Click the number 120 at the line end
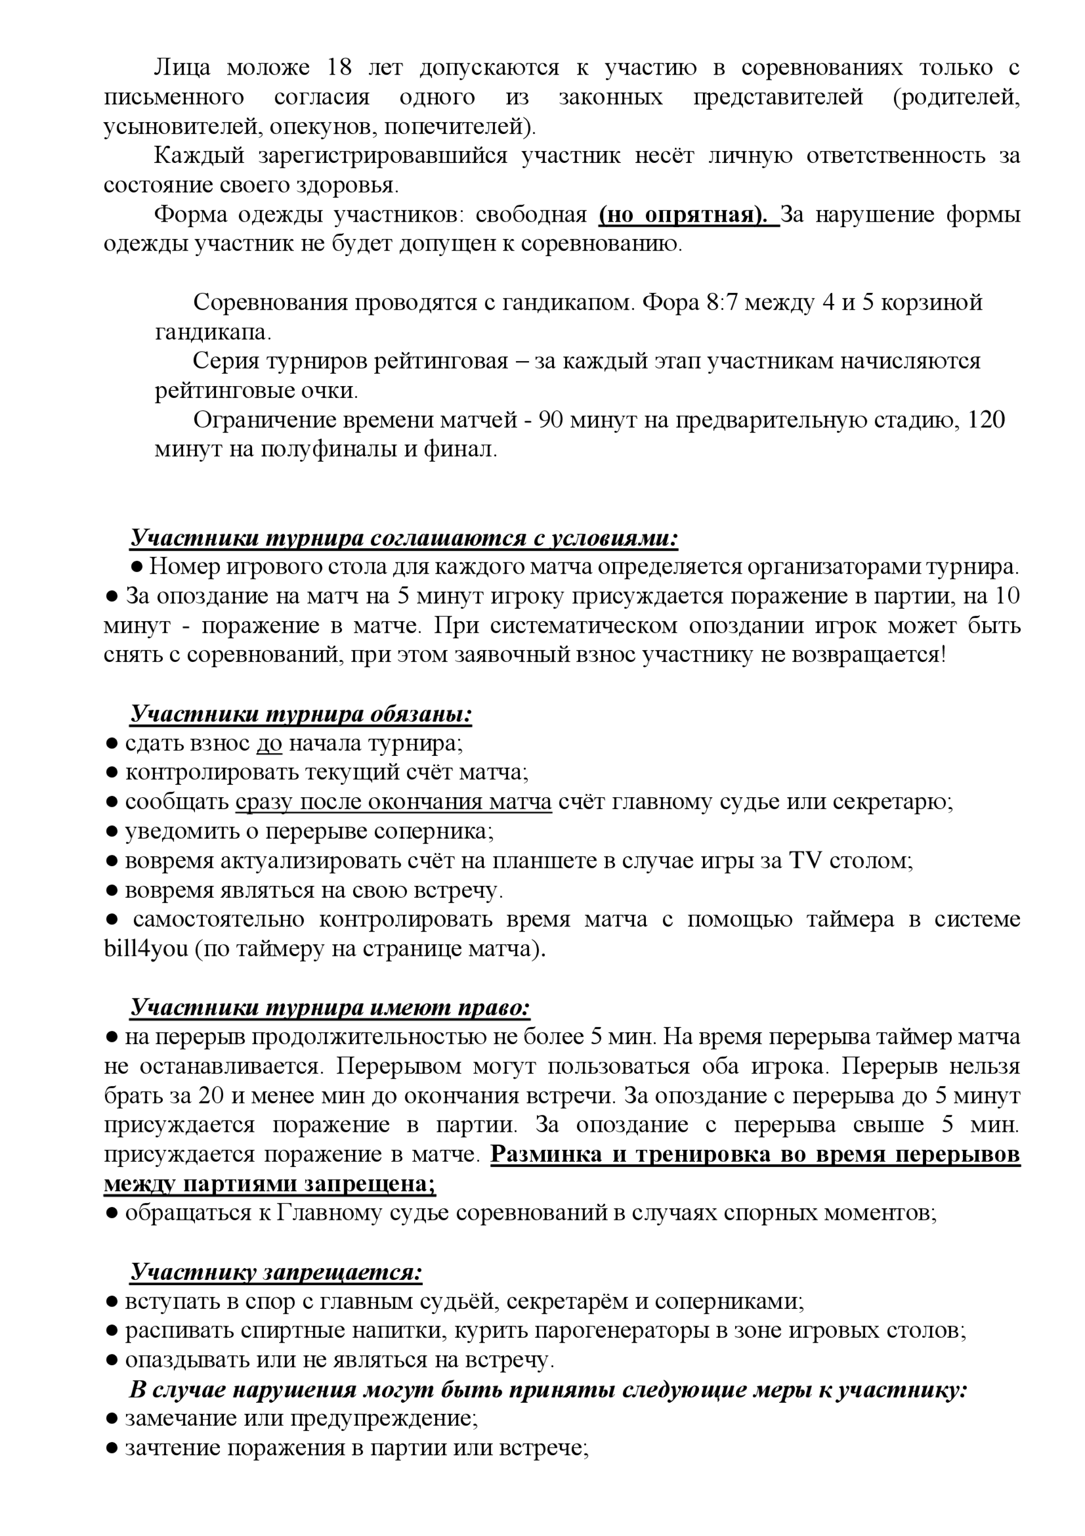point(986,419)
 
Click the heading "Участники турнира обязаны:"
point(301,714)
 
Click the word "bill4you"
point(146,950)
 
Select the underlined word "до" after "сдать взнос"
point(269,743)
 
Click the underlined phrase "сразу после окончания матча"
point(393,802)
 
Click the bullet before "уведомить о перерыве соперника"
point(112,832)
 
